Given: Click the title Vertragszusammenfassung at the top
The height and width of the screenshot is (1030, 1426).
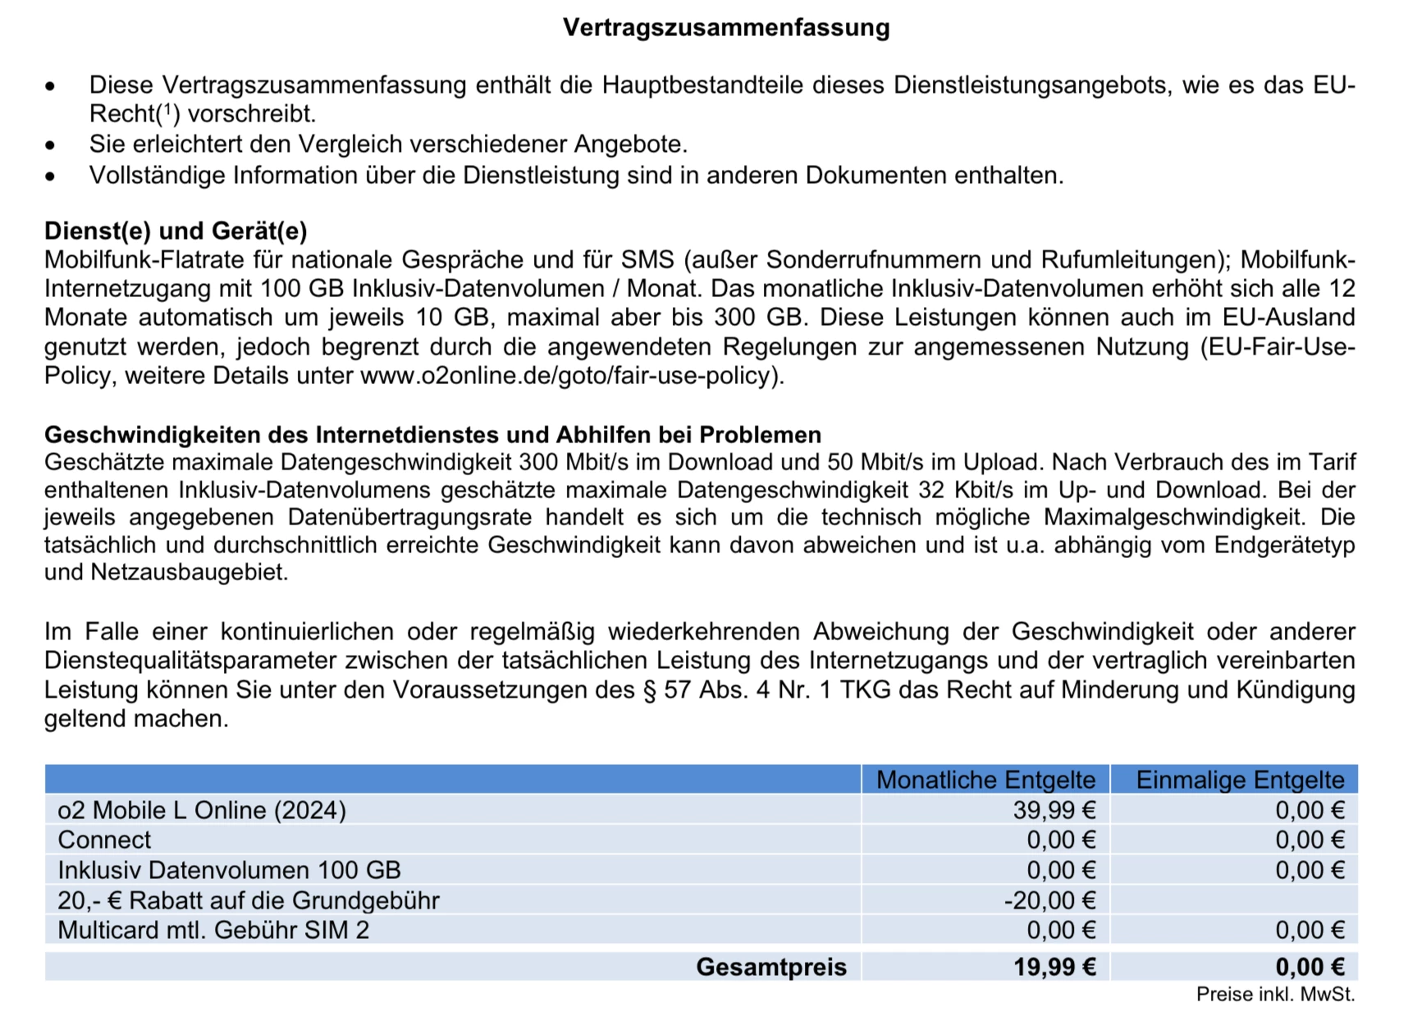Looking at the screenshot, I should point(726,28).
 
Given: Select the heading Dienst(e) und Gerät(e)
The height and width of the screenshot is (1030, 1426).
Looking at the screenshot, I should point(176,231).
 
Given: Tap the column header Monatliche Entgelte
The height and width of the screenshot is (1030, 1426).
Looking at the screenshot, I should point(985,780).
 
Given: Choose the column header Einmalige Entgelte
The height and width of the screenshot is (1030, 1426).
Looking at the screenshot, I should point(1240,780).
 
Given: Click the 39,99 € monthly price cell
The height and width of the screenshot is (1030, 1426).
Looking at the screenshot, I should point(1054,810).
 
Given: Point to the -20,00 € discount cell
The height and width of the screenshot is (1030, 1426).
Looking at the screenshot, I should point(1050,900).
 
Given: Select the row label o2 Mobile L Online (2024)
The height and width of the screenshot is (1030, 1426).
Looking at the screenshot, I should point(202,810).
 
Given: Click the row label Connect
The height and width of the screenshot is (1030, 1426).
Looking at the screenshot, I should point(104,840).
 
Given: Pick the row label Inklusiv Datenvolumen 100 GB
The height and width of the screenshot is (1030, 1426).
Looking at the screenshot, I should point(229,870).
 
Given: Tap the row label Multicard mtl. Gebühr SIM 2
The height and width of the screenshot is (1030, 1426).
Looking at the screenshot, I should point(213,930).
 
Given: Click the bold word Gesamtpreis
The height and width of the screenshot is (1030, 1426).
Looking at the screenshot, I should point(771,967).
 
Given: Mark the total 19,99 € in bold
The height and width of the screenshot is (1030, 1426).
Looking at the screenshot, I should point(1054,967).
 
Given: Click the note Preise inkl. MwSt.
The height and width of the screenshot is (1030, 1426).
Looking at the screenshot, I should point(1275,994).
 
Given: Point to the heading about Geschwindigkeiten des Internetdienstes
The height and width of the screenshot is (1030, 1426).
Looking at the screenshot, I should point(432,434).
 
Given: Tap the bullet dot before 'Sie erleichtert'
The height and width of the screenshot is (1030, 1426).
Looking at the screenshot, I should point(51,145).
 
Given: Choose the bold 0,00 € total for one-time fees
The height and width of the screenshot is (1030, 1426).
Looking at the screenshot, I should point(1309,967).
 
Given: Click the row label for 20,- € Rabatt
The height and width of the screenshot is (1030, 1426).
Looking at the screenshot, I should point(249,900).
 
